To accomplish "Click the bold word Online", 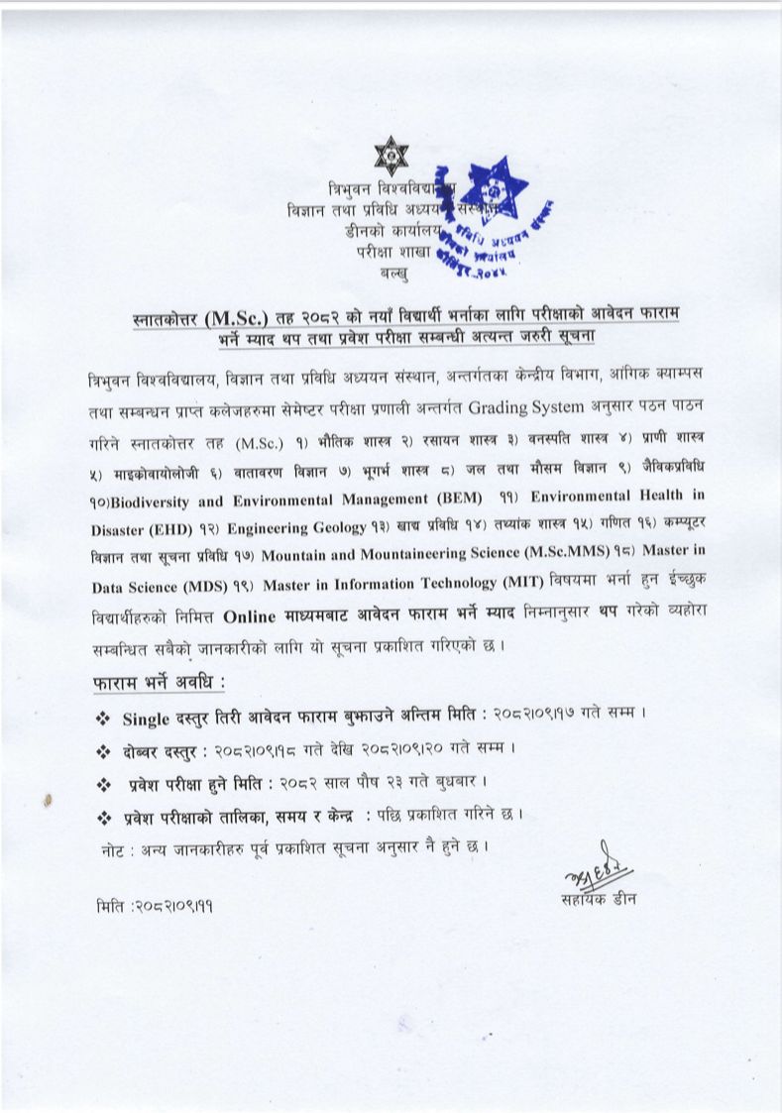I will [258, 615].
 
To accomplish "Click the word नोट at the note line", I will [114, 848].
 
